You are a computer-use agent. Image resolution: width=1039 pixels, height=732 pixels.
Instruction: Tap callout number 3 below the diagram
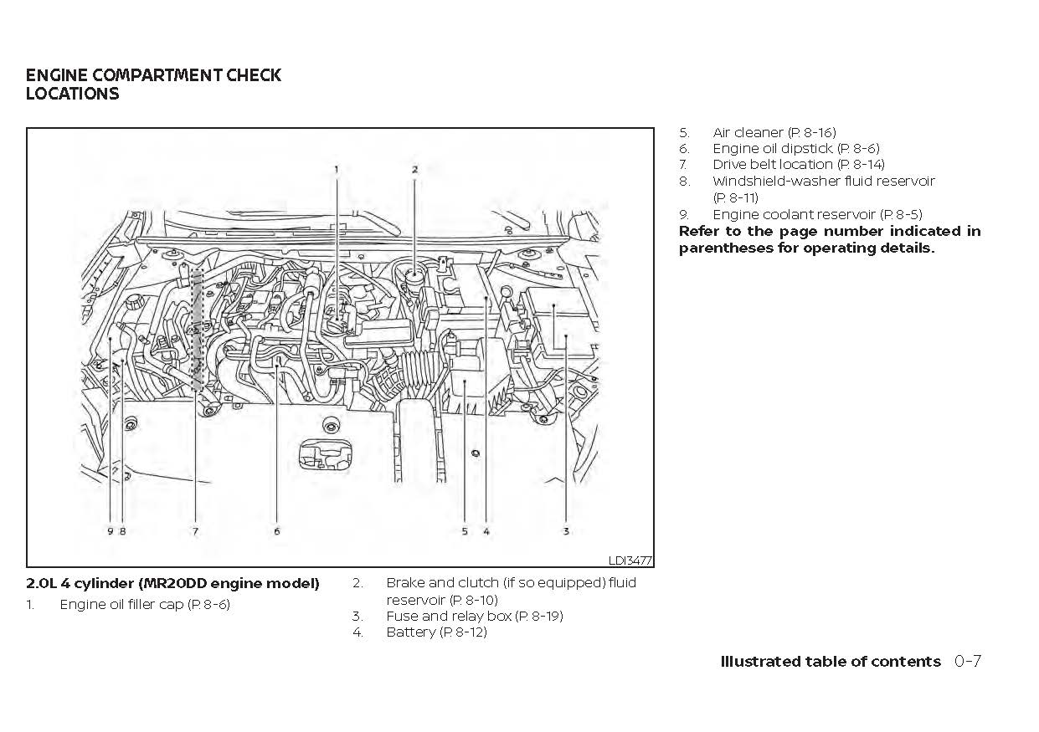(566, 531)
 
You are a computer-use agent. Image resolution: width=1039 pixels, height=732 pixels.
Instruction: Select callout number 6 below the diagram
(277, 531)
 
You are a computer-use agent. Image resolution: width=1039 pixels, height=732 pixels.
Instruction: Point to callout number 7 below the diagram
(196, 531)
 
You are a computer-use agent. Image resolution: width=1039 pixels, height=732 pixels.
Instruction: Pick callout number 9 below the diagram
(110, 531)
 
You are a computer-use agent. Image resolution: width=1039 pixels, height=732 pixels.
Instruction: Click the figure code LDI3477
(630, 561)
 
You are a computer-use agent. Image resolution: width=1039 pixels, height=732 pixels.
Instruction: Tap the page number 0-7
(967, 662)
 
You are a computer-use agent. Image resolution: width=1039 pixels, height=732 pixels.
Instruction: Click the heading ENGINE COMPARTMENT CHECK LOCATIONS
(153, 84)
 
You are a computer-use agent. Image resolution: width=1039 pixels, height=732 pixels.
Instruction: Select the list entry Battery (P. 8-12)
(436, 632)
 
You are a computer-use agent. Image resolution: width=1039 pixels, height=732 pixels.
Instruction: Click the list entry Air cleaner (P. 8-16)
(774, 132)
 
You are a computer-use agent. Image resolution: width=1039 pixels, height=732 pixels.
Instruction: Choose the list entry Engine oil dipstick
(795, 149)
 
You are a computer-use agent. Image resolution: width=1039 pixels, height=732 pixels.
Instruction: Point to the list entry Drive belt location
(798, 165)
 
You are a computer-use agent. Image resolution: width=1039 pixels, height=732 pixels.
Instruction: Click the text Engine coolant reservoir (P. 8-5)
(817, 214)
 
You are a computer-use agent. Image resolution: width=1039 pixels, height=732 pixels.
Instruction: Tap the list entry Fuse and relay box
(474, 617)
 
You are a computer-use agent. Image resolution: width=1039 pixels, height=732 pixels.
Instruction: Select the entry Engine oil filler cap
(145, 604)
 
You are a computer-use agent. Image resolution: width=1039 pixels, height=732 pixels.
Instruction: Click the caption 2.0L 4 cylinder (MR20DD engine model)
(172, 584)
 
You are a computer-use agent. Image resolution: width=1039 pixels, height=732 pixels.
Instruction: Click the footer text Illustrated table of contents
(831, 662)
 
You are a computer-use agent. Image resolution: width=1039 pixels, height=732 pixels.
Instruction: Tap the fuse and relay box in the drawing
(558, 322)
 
